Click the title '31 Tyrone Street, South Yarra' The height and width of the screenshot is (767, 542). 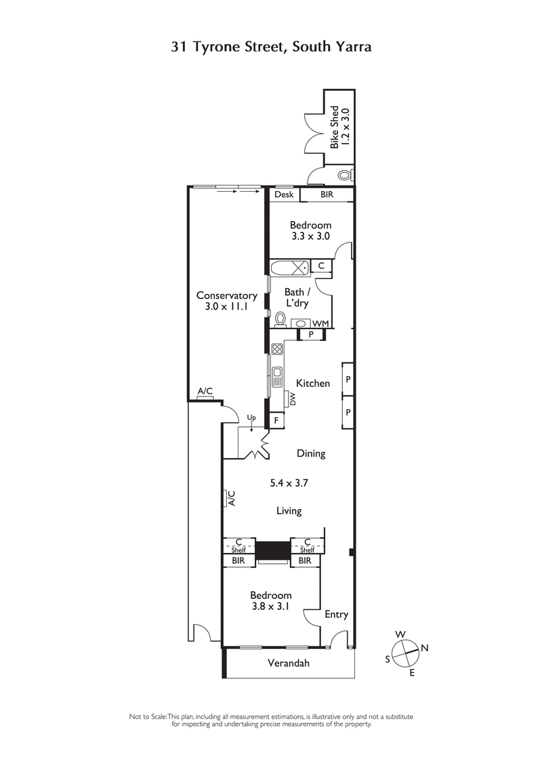click(x=271, y=47)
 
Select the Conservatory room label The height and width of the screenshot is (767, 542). click(x=226, y=301)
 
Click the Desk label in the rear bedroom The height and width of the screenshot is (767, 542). click(x=284, y=195)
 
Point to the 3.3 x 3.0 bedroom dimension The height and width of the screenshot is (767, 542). click(x=310, y=236)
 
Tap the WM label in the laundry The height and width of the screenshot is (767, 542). click(x=320, y=324)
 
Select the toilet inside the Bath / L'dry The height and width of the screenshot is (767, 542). click(x=279, y=317)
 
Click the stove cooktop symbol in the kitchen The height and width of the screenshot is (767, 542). click(x=277, y=350)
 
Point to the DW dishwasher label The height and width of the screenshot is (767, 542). click(x=293, y=399)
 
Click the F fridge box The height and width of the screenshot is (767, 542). click(x=276, y=421)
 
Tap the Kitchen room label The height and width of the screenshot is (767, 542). click(x=313, y=383)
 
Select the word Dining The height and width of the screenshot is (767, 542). click(x=311, y=454)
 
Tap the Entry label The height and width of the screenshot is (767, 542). click(x=336, y=615)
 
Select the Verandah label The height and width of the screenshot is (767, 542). click(x=289, y=663)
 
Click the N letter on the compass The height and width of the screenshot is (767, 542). click(x=425, y=648)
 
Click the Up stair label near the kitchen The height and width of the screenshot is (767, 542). click(x=252, y=417)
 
